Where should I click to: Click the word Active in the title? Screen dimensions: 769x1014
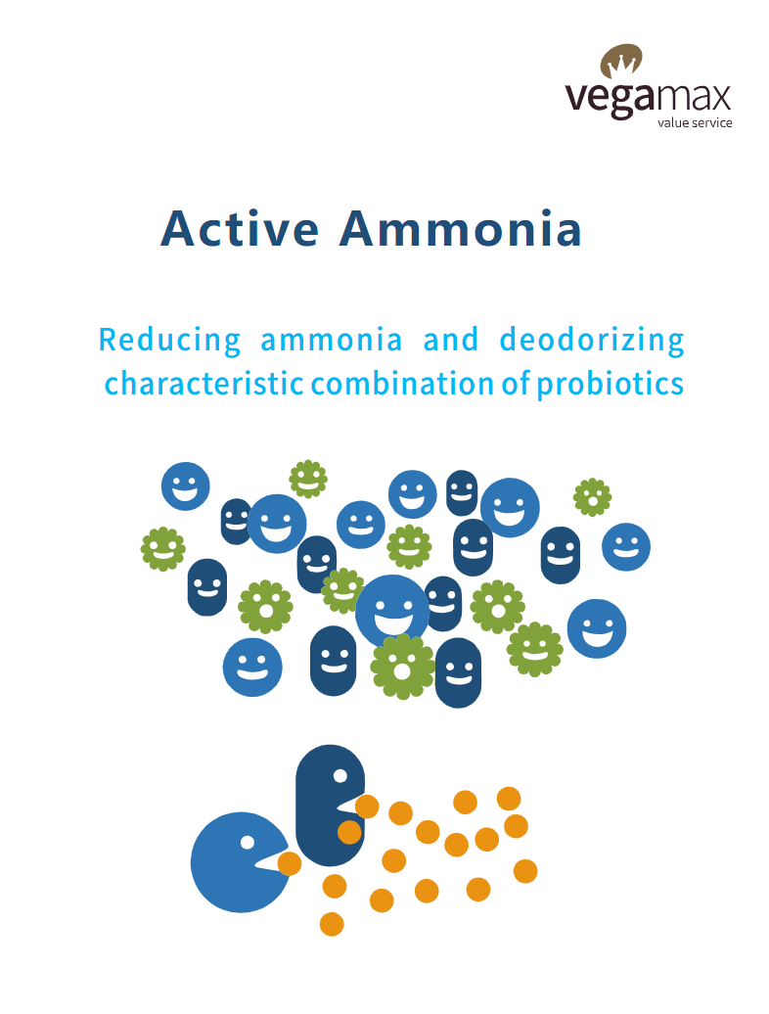tap(240, 229)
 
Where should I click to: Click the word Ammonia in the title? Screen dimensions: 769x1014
tap(460, 229)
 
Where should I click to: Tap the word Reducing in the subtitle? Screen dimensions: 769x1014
tap(169, 341)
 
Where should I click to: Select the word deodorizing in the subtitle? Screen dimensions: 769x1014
tap(592, 341)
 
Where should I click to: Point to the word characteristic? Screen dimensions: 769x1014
tap(204, 384)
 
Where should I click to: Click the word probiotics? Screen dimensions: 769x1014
tap(611, 384)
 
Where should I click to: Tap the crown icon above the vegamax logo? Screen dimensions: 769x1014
tap(621, 61)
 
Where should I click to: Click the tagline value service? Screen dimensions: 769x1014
tap(695, 123)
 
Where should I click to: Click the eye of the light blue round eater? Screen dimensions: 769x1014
tap(247, 842)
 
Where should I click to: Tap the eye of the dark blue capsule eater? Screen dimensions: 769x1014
tap(339, 776)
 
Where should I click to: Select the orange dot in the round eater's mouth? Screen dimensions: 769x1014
tap(289, 863)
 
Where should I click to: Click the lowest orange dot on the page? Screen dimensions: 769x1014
tap(332, 924)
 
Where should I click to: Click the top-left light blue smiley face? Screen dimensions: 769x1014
tap(186, 486)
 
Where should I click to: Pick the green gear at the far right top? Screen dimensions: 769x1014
tap(593, 497)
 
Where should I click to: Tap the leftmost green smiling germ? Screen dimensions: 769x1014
tap(162, 549)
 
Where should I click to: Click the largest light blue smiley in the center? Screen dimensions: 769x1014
tap(392, 611)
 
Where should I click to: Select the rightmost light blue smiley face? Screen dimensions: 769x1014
tap(625, 547)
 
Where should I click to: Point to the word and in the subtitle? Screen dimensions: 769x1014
tap(451, 341)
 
